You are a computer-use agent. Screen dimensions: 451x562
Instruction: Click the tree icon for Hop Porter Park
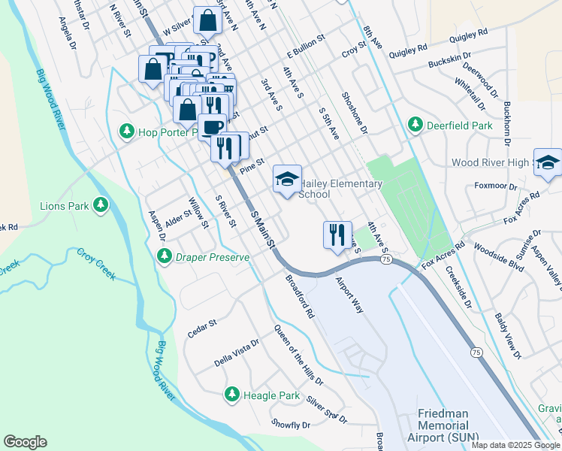(127, 132)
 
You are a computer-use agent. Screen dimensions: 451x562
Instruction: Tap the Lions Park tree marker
(101, 205)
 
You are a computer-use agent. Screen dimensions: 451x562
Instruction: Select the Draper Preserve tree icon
(164, 257)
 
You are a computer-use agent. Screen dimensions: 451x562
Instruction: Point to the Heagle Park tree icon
(232, 395)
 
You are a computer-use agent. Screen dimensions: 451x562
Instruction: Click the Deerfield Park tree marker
(414, 124)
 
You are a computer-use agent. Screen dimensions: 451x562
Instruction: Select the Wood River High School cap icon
(548, 163)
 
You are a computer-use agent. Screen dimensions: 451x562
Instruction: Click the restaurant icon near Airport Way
(337, 234)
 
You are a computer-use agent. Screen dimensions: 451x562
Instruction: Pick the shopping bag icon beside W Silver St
(207, 21)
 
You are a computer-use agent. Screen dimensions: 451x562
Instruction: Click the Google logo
(25, 442)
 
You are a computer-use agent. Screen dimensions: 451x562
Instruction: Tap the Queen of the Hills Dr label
(298, 356)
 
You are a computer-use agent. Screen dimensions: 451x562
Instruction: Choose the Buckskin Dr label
(449, 56)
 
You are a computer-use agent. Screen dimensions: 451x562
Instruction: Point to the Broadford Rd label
(299, 296)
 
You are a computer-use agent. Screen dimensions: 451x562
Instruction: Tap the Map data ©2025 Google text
(515, 445)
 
